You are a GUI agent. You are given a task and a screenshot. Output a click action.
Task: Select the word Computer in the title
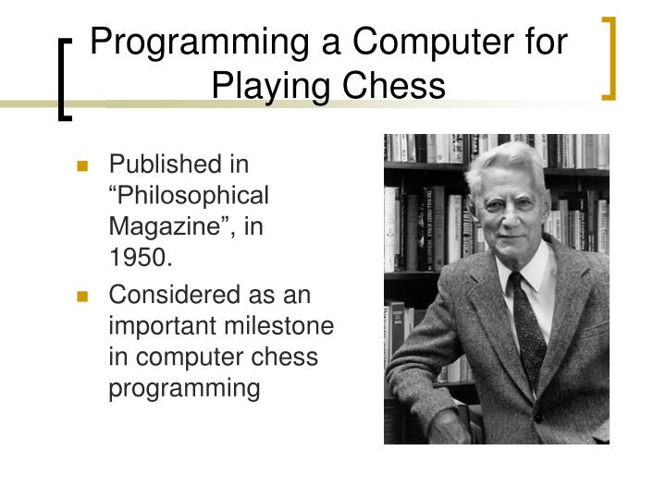(x=425, y=44)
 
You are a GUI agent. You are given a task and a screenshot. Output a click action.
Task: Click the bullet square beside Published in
(x=82, y=167)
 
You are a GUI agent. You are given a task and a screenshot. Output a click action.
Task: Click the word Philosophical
(x=191, y=196)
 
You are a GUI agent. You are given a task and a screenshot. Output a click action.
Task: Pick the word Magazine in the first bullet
(x=173, y=227)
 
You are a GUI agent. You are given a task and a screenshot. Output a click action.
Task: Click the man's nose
(x=515, y=222)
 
